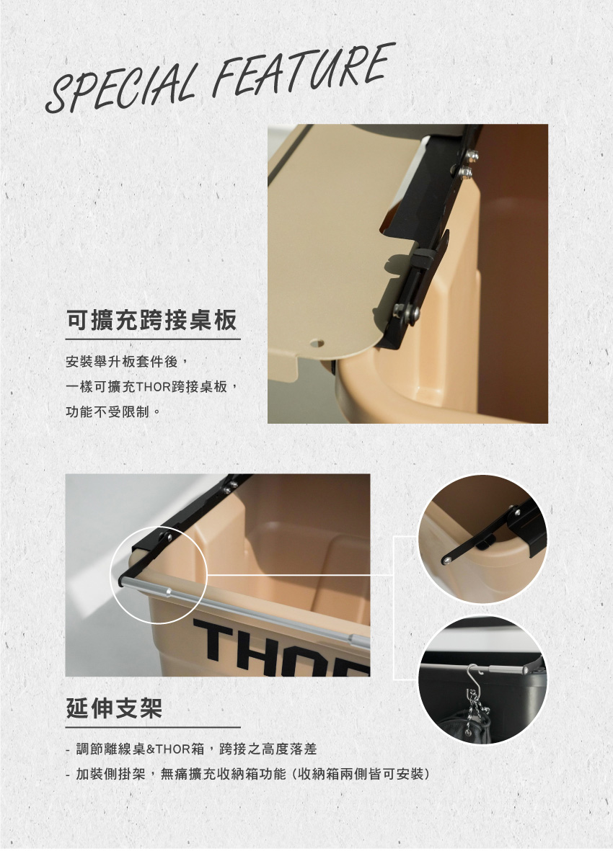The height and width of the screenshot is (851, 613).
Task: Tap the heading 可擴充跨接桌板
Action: pos(152,320)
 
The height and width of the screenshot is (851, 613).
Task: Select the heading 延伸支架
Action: pos(114,708)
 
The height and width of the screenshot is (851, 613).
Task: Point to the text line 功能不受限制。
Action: pos(113,412)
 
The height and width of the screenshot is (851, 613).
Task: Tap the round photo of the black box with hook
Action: pos(482,680)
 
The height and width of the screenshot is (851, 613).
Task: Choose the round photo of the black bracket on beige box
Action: pos(482,539)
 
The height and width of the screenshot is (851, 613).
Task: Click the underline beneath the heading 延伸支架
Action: pos(153,727)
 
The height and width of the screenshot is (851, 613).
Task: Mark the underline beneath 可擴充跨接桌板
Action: pos(153,339)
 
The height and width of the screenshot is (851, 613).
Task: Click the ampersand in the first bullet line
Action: pos(151,749)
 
